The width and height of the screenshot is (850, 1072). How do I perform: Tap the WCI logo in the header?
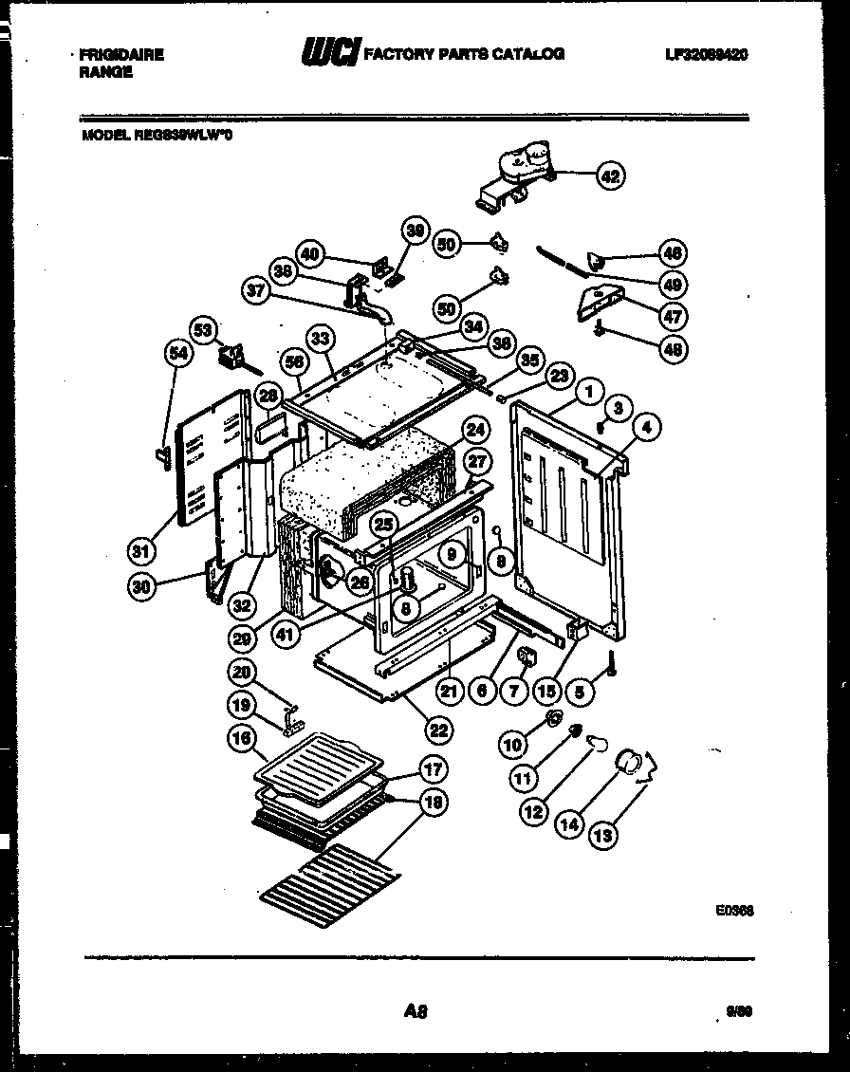pos(328,55)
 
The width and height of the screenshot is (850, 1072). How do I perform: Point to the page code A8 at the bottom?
pos(414,1012)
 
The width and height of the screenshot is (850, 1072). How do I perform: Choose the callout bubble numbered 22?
pos(437,730)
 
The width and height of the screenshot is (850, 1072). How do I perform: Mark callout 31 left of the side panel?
pos(140,550)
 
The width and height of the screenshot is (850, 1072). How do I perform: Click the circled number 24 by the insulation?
pos(476,430)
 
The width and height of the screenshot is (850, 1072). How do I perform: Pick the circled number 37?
pos(254,294)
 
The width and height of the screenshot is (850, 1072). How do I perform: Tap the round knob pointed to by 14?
pos(628,761)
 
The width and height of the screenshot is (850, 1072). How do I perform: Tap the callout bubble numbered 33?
pos(321,338)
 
